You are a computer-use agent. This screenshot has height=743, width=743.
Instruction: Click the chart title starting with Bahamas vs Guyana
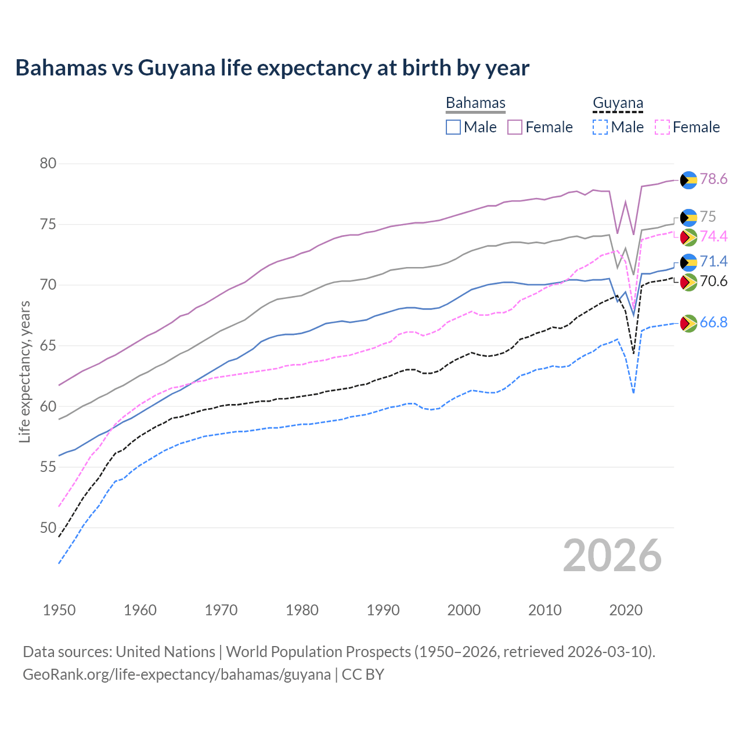(272, 68)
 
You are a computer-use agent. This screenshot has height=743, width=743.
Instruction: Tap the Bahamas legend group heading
(475, 103)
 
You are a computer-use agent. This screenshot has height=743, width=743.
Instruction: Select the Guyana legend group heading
(618, 103)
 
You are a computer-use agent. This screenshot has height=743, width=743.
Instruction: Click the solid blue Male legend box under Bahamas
(453, 127)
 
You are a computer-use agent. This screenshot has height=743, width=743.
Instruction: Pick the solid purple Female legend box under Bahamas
(515, 127)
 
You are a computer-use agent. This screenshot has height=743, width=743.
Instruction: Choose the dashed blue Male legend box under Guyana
(600, 127)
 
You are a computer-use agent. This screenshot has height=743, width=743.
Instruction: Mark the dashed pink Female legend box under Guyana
(662, 127)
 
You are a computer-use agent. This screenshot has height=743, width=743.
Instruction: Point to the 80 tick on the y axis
(48, 164)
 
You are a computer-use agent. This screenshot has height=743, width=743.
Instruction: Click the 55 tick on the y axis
(48, 467)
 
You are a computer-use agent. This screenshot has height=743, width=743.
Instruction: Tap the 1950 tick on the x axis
(59, 610)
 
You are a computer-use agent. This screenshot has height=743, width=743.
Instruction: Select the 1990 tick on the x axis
(383, 610)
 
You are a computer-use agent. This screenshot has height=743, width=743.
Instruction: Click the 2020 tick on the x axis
(626, 610)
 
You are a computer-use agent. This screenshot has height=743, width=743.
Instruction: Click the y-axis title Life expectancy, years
(24, 371)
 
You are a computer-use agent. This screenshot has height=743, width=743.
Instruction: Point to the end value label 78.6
(713, 179)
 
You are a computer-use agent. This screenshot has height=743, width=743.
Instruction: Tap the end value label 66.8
(713, 323)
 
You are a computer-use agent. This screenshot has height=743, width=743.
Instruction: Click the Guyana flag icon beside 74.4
(688, 237)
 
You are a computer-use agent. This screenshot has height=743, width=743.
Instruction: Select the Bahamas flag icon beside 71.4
(688, 262)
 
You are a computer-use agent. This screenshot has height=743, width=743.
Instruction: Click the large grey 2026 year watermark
(612, 556)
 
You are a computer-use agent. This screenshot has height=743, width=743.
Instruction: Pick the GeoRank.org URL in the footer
(176, 675)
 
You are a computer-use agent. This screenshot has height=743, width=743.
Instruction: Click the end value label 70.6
(713, 282)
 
